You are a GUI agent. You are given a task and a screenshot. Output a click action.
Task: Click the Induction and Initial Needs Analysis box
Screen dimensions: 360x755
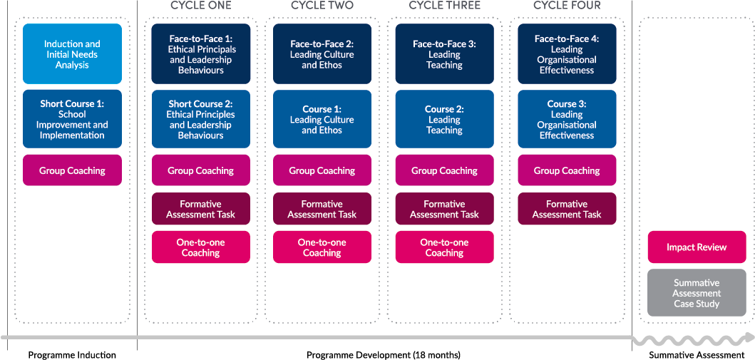[x=72, y=54]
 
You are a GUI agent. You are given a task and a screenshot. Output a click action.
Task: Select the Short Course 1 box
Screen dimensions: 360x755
[x=72, y=119]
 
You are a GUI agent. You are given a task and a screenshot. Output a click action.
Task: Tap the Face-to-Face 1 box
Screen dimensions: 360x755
[x=200, y=54]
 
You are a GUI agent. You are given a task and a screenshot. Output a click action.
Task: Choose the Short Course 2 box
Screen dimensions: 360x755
[x=200, y=119]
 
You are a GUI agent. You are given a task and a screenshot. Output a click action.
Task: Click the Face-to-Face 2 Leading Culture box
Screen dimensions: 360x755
[x=322, y=54]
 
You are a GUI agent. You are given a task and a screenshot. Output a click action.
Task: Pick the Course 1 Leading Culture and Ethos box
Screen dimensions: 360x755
[x=322, y=119]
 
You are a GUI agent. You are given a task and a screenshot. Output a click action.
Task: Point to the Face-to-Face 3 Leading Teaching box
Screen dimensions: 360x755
[x=444, y=54]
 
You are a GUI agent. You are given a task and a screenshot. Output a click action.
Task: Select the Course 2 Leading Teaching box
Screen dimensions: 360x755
[x=444, y=119]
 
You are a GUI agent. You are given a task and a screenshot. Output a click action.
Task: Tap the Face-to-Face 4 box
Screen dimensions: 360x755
[x=567, y=54]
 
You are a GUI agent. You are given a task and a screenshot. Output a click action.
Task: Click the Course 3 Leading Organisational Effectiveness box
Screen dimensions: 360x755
[x=567, y=119]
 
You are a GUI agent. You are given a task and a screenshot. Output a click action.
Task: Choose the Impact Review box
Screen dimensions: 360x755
[x=697, y=247]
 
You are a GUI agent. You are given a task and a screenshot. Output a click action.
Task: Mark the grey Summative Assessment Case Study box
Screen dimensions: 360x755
[x=697, y=293]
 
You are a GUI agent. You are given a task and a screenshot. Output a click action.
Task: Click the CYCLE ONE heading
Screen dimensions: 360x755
[x=200, y=6]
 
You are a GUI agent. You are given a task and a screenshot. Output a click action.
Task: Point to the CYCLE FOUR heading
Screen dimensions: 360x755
[x=567, y=6]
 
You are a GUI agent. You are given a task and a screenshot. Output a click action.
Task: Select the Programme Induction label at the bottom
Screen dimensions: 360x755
[x=72, y=355]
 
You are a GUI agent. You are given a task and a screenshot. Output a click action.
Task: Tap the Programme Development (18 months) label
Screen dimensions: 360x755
[x=384, y=355]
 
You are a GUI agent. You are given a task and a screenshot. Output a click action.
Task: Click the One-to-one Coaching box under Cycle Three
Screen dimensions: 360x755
[x=444, y=247]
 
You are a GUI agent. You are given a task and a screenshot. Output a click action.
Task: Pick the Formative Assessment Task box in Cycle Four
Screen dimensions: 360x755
[x=567, y=209]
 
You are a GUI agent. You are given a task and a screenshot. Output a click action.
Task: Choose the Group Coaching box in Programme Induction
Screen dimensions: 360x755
[x=72, y=171]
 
